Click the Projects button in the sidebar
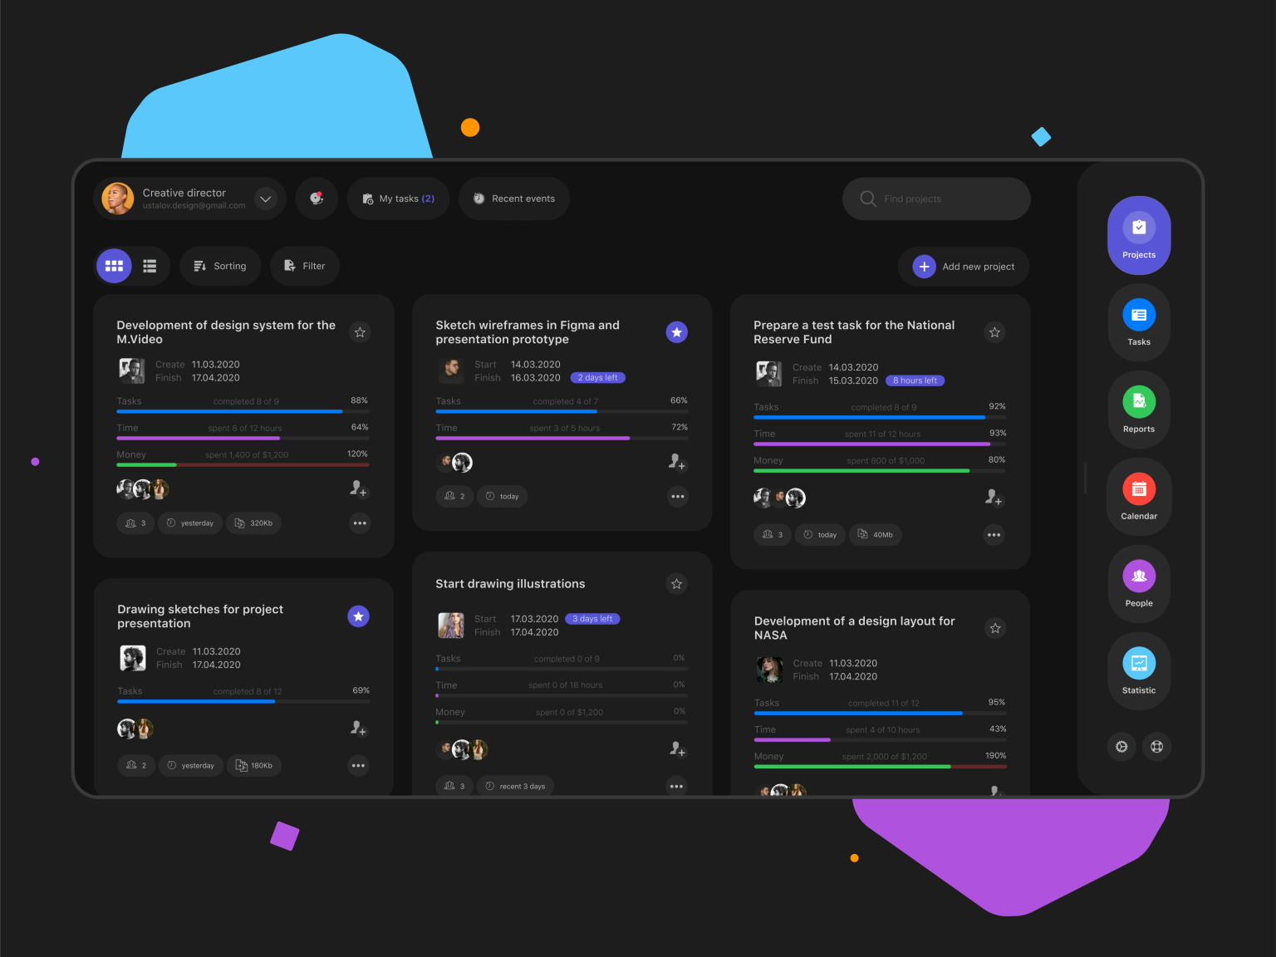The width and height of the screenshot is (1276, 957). (x=1139, y=235)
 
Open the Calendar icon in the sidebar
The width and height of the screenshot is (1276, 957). (x=1139, y=489)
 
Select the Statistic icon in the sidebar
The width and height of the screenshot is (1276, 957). (x=1139, y=663)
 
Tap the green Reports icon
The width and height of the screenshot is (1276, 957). (x=1139, y=402)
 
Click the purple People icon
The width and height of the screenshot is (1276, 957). (x=1139, y=576)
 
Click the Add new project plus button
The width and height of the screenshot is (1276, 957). (x=924, y=267)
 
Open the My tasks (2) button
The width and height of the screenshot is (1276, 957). (x=398, y=199)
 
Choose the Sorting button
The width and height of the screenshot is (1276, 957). (x=220, y=266)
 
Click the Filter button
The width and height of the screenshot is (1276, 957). (x=305, y=266)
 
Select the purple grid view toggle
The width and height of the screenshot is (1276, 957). (x=114, y=266)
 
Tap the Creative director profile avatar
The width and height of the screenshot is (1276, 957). (x=118, y=199)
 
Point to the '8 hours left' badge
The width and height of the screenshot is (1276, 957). (x=915, y=380)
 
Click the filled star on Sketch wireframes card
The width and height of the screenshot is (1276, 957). (x=677, y=332)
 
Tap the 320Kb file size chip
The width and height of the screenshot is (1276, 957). (x=254, y=523)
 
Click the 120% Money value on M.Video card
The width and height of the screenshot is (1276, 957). (x=357, y=454)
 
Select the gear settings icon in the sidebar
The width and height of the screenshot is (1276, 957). (x=1121, y=747)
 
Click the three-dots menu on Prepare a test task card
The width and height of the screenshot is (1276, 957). (x=994, y=535)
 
